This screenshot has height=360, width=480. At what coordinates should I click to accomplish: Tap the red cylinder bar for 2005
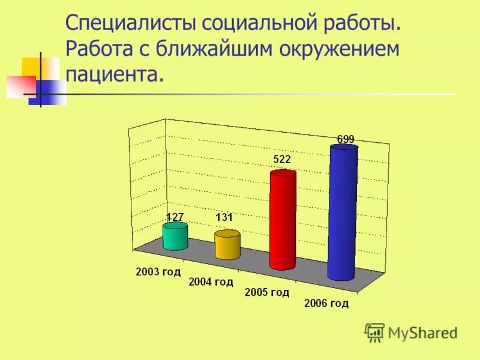(283, 221)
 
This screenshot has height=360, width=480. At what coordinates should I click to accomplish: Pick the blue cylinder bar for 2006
(343, 213)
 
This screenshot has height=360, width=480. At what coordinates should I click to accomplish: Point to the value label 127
(175, 217)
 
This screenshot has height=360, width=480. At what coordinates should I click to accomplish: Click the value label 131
(224, 218)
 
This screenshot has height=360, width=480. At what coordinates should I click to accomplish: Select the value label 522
(282, 160)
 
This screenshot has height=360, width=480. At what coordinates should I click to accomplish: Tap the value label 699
(346, 139)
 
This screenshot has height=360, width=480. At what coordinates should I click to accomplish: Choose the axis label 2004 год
(211, 281)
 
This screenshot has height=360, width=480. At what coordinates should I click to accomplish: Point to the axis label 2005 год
(267, 292)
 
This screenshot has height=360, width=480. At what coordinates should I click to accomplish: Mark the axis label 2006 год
(326, 303)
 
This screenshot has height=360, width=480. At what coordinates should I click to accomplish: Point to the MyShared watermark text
(422, 332)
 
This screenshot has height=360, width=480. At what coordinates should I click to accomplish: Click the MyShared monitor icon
(374, 332)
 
